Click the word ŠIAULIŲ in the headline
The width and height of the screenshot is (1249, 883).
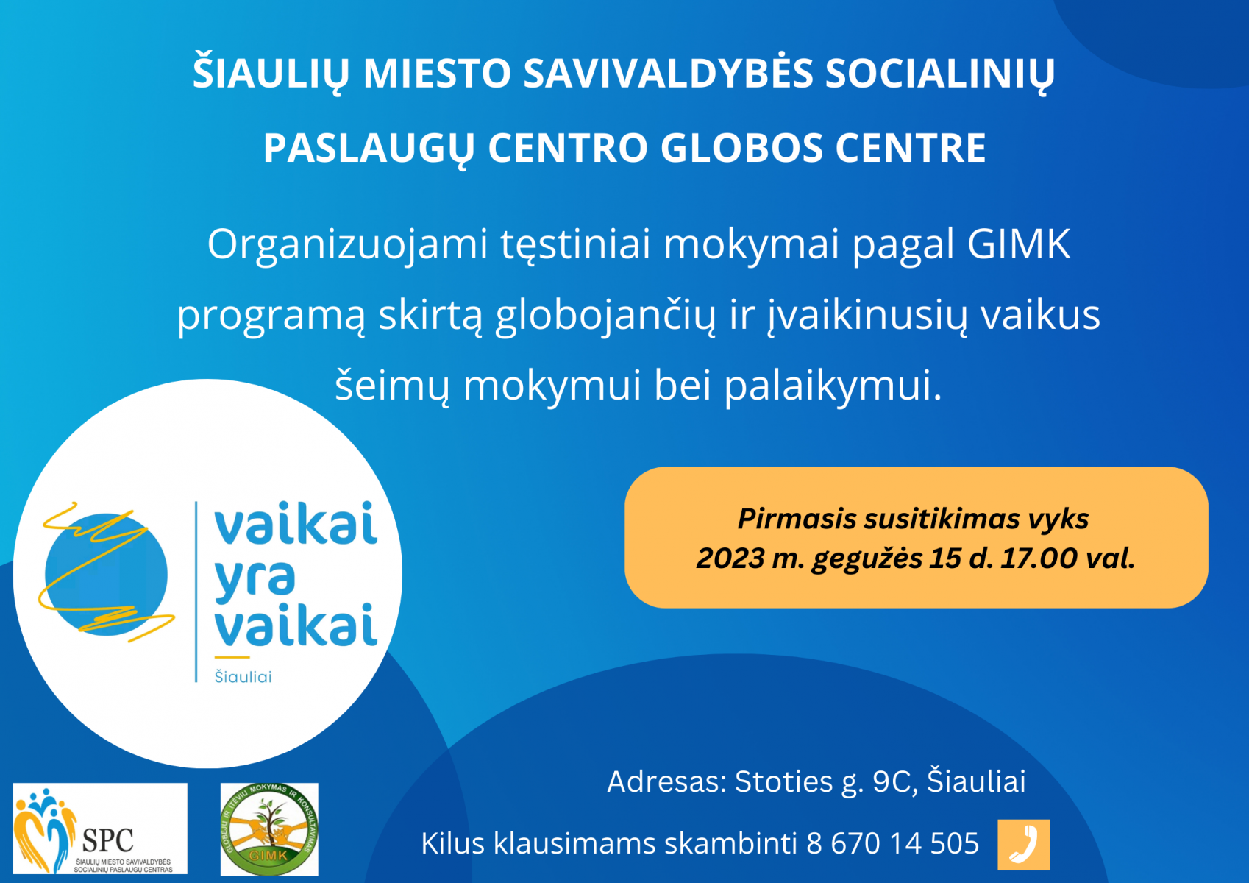(271, 74)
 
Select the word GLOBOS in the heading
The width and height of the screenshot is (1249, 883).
(741, 148)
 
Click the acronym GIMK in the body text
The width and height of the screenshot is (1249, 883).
(1019, 244)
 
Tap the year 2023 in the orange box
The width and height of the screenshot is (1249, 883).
(730, 558)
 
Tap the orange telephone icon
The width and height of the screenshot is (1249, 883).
(1024, 845)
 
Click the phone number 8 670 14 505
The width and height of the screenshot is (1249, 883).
(893, 843)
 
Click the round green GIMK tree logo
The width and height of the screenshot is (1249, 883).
(269, 829)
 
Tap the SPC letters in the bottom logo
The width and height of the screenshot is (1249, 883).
(107, 840)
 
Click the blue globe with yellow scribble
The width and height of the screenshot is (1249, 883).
(106, 574)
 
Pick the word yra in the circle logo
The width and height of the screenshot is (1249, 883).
(255, 578)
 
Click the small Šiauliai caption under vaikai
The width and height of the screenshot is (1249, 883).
(243, 677)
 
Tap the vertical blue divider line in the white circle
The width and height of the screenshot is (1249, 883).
(196, 592)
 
